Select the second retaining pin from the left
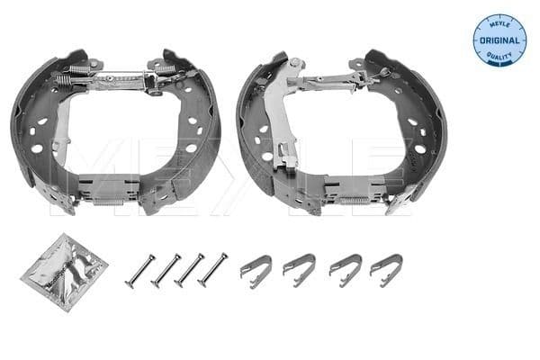coord(167,268)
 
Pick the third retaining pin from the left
coord(190,268)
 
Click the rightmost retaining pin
coord(213,267)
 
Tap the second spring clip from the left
coord(299,267)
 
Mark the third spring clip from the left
coord(345,267)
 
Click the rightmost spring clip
coord(387,267)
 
